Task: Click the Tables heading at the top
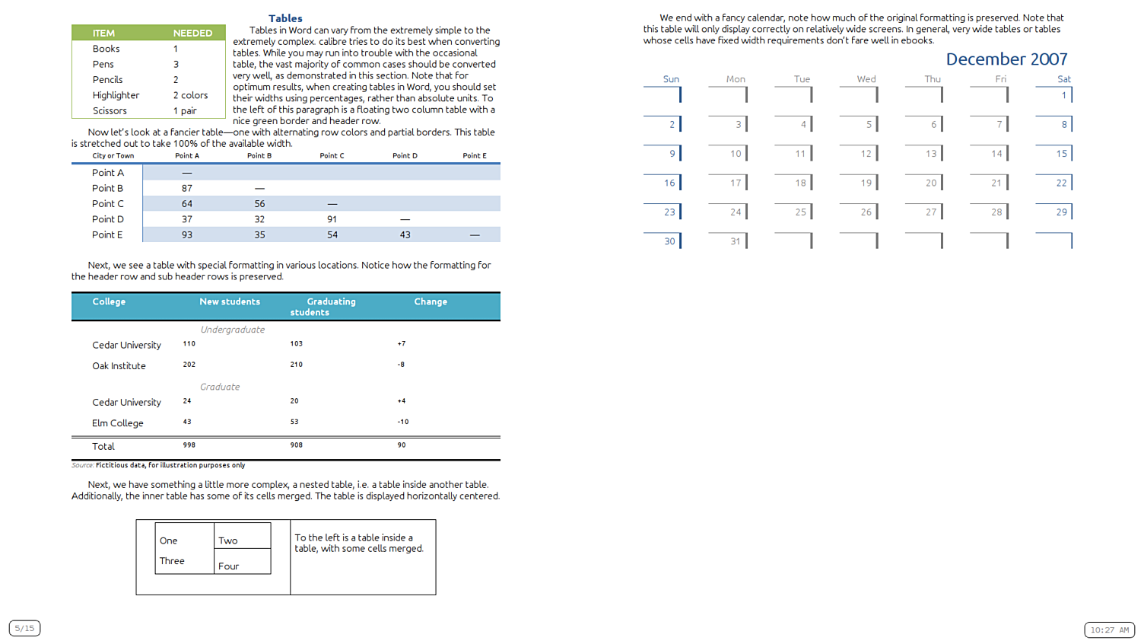click(285, 18)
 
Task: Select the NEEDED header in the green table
click(192, 33)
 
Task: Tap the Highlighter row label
click(116, 95)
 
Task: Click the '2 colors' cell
click(190, 95)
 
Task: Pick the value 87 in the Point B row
click(186, 188)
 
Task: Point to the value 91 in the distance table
click(332, 219)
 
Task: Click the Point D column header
click(405, 155)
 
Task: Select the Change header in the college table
click(431, 301)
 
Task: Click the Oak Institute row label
click(119, 366)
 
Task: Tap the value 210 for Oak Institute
click(296, 365)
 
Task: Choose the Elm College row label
click(117, 423)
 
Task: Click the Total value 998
click(189, 445)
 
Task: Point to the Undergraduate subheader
click(233, 330)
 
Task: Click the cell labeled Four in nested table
click(228, 566)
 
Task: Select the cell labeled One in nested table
click(168, 541)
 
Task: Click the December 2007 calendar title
click(1006, 59)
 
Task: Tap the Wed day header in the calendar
click(866, 79)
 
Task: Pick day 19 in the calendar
click(866, 183)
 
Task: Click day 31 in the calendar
click(735, 241)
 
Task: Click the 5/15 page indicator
click(24, 628)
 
